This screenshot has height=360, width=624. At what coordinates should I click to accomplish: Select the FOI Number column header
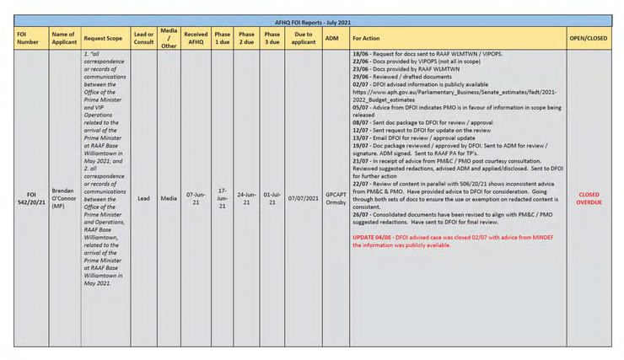28,38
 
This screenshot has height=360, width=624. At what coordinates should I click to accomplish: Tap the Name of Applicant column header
63,38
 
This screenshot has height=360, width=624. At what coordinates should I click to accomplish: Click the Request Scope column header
104,38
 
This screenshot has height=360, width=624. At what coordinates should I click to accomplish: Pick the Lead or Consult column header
143,38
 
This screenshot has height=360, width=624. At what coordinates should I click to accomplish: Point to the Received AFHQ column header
195,38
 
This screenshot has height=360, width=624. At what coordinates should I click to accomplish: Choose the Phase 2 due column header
246,38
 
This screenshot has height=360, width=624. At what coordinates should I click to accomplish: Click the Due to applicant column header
304,38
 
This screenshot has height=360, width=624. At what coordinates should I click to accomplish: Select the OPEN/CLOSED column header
589,38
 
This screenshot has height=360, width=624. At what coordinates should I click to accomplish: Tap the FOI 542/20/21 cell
28,199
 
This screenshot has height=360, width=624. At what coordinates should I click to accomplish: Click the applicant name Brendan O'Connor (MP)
63,199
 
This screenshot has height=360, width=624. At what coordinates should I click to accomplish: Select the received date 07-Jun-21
195,199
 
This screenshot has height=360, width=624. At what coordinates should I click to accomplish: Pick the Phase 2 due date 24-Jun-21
246,199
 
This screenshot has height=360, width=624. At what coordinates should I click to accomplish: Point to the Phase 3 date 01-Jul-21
272,199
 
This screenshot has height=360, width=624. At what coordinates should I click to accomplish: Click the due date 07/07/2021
304,199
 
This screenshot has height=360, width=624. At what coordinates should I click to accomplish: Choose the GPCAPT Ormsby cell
335,199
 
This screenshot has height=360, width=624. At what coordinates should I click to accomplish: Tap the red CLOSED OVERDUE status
589,199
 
